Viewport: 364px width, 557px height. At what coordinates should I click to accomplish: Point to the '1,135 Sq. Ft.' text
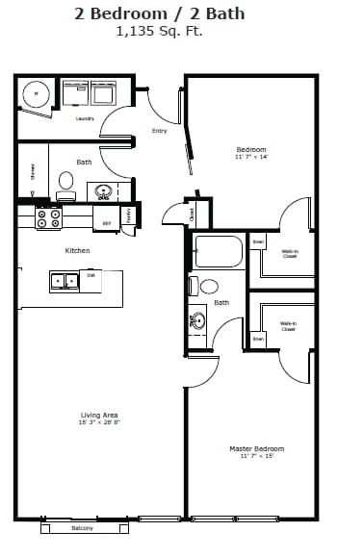(159, 31)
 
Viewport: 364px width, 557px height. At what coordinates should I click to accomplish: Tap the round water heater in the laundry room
(36, 94)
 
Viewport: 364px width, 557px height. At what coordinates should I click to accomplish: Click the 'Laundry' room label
(84, 118)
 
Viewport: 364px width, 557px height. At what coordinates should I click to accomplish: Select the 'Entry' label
(159, 131)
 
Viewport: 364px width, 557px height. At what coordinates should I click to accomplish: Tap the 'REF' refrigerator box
(107, 222)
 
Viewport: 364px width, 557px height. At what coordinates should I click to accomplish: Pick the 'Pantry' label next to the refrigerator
(129, 214)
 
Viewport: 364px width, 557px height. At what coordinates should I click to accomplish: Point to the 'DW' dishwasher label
(91, 276)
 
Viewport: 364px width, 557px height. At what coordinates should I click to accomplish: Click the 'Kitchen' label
(77, 251)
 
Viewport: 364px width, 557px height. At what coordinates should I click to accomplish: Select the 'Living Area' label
(98, 416)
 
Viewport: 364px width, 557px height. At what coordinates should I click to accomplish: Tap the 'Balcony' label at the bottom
(85, 528)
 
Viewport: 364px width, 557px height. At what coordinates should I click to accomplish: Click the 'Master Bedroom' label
(256, 448)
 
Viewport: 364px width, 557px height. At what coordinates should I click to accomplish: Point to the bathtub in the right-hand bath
(220, 252)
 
